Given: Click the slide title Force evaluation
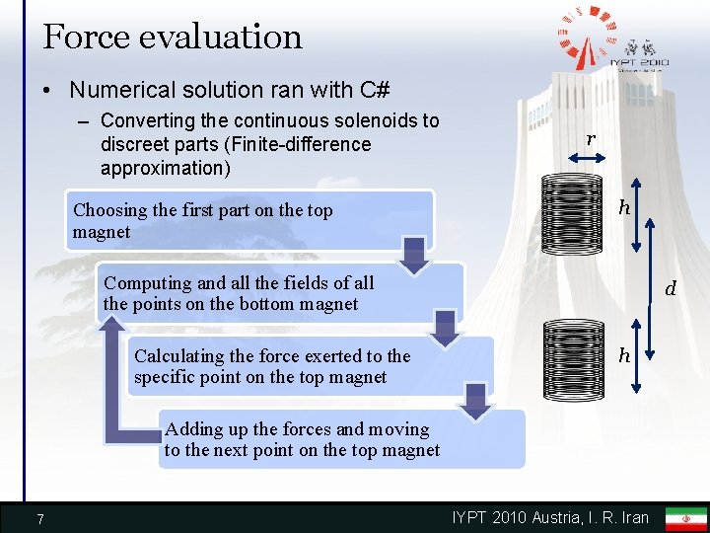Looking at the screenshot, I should pos(173,37).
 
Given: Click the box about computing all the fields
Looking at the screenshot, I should pos(281,293).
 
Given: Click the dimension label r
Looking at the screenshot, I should pos(590,139).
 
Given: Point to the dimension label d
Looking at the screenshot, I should pos(671,289).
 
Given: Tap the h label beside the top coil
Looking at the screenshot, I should pos(623,207).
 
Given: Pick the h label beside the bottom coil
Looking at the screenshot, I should pos(623,355).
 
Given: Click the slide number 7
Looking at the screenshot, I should pos(39,518).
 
